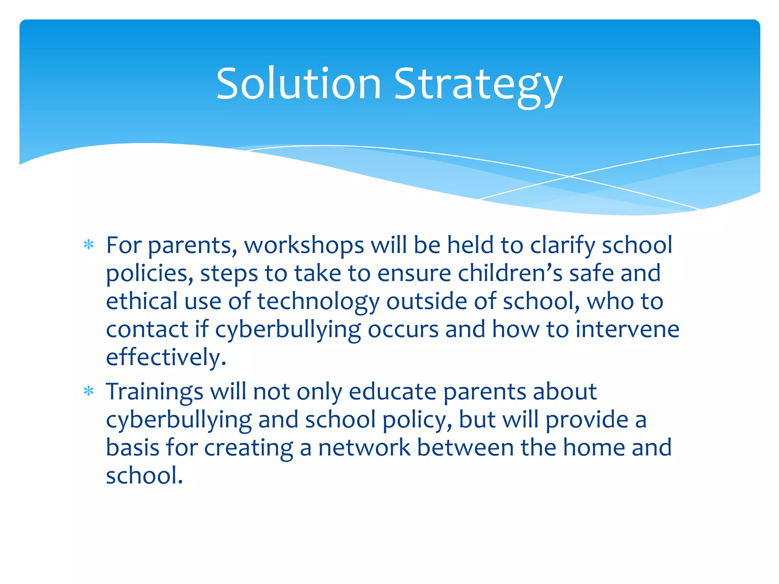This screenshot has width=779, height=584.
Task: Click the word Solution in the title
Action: click(299, 84)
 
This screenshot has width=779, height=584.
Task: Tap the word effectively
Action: click(166, 357)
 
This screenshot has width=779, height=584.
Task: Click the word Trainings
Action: click(154, 392)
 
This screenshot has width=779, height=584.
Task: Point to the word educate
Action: click(392, 392)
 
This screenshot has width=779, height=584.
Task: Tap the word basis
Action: click(132, 448)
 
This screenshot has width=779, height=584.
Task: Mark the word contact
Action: click(147, 329)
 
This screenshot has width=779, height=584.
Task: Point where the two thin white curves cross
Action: click(569, 176)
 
